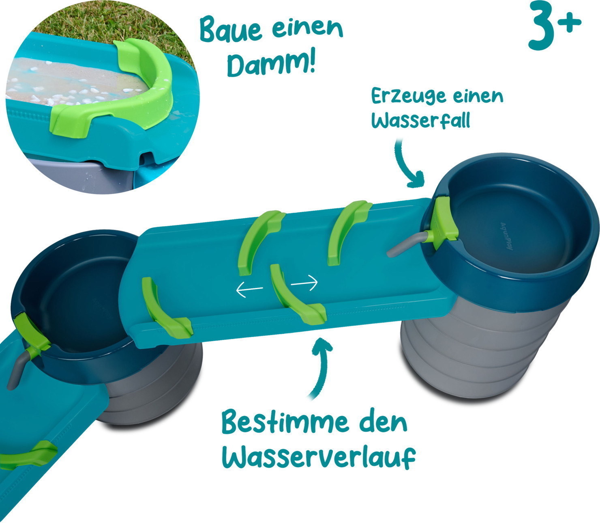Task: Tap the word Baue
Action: point(231,31)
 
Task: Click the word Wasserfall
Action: point(421,121)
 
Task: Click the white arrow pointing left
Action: point(249,289)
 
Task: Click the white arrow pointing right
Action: point(304,283)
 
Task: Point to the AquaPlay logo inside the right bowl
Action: point(506,236)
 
